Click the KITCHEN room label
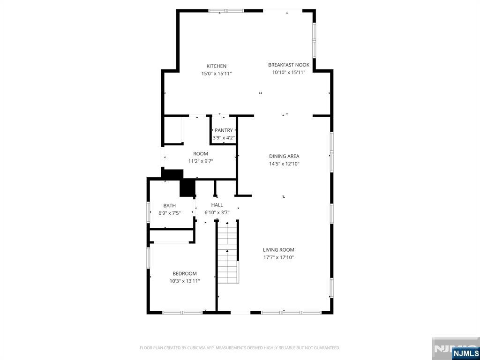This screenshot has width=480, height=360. (x=217, y=66)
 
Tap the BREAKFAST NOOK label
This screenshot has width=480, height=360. (x=289, y=65)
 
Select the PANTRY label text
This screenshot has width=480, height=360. (x=224, y=130)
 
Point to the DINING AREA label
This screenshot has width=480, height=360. (x=284, y=156)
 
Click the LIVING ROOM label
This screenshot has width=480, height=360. (x=278, y=250)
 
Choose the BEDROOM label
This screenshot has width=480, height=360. (x=185, y=273)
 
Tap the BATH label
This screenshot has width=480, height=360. (x=170, y=205)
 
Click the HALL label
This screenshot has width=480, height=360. (x=217, y=205)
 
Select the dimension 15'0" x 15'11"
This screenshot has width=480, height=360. (x=217, y=74)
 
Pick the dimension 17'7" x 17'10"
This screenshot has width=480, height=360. (x=278, y=257)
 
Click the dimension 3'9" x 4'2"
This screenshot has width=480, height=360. (x=224, y=138)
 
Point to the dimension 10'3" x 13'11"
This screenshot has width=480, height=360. (x=185, y=281)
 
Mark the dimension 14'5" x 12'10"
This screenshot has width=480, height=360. (x=284, y=164)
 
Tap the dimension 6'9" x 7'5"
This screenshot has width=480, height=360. (x=170, y=213)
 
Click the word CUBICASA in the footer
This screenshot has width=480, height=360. (x=187, y=348)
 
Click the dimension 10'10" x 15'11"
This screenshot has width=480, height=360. (x=289, y=73)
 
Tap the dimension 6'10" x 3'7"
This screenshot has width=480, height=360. (x=217, y=212)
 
